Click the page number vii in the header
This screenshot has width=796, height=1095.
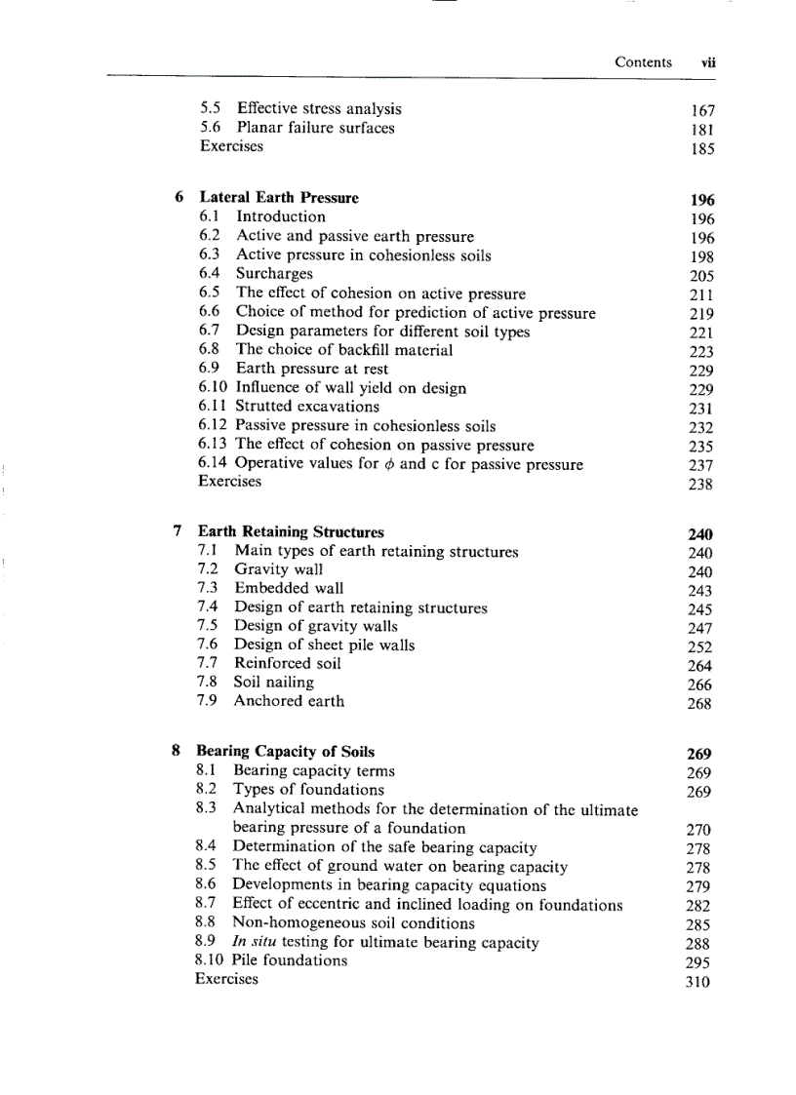[708, 62]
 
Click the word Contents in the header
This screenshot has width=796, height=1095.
[643, 62]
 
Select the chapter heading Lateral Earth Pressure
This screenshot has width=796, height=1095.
[279, 198]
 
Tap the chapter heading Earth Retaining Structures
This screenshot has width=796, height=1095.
[291, 532]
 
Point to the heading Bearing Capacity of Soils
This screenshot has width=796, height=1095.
[285, 752]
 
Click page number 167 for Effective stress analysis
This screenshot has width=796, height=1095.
[701, 110]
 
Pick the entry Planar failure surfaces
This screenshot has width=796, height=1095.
[315, 128]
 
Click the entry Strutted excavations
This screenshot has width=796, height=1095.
[307, 407]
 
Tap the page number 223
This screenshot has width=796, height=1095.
[700, 352]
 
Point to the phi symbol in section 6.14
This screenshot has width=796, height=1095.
[389, 464]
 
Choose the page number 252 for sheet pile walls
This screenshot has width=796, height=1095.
[699, 647]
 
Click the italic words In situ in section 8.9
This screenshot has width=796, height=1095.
[252, 943]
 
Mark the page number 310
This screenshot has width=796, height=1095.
[697, 982]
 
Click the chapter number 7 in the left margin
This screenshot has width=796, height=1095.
[177, 532]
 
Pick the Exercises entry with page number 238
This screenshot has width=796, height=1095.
[229, 482]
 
